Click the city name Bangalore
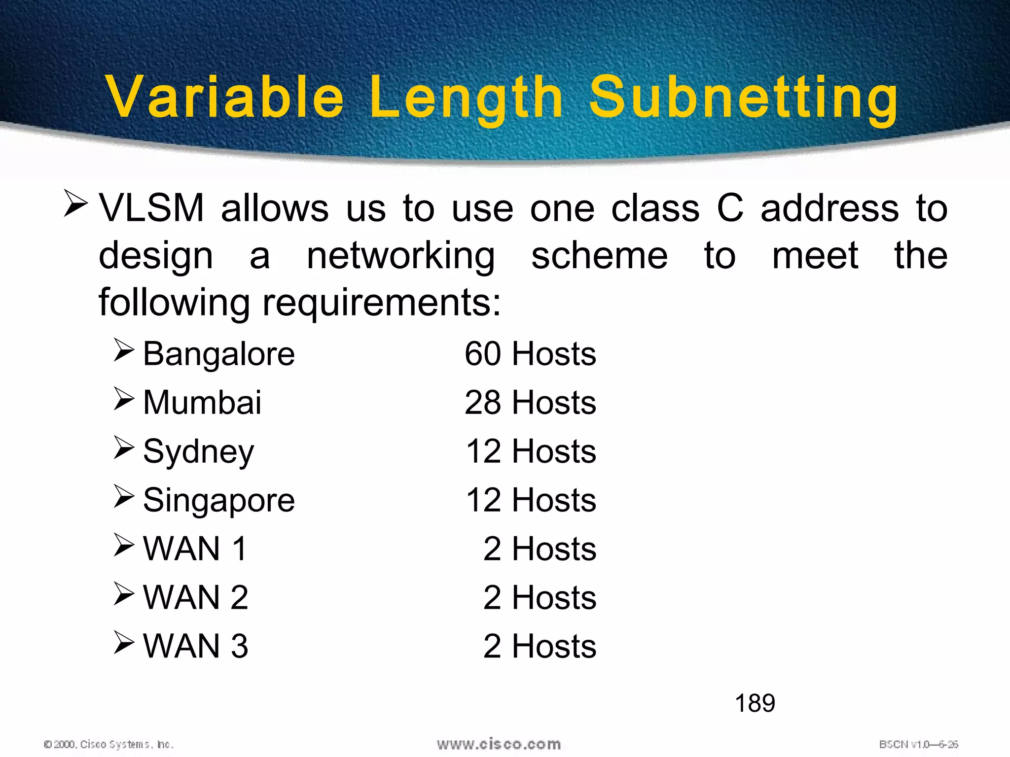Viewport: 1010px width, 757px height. click(218, 354)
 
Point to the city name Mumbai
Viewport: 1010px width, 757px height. click(202, 403)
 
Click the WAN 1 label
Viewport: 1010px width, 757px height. click(195, 549)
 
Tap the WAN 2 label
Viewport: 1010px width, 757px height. click(195, 598)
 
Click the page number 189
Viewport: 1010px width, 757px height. click(755, 703)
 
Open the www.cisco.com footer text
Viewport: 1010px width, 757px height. click(499, 744)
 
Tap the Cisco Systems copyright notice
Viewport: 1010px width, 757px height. click(108, 744)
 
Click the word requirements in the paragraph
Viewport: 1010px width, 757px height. click(381, 303)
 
